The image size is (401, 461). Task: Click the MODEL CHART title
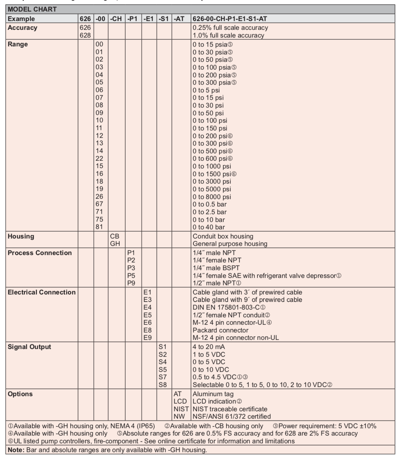[32, 10]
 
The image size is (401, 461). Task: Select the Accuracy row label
[22, 28]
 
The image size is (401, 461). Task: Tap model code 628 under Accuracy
[85, 35]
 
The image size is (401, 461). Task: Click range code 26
[100, 196]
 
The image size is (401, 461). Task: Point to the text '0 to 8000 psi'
[212, 197]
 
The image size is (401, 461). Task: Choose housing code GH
[115, 244]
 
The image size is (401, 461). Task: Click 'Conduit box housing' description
[223, 236]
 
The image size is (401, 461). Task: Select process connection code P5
[131, 276]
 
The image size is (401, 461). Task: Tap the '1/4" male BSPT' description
[216, 268]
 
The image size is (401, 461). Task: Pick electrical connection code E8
[147, 330]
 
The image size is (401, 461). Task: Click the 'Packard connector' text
[220, 330]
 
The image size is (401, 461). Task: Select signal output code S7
[163, 377]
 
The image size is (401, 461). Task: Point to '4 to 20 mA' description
[209, 347]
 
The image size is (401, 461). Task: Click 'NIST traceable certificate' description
[230, 409]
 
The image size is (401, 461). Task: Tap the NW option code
[179, 416]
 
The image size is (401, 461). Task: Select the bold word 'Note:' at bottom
[15, 450]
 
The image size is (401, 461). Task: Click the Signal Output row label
[29, 347]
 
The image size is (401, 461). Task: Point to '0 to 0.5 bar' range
[210, 204]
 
